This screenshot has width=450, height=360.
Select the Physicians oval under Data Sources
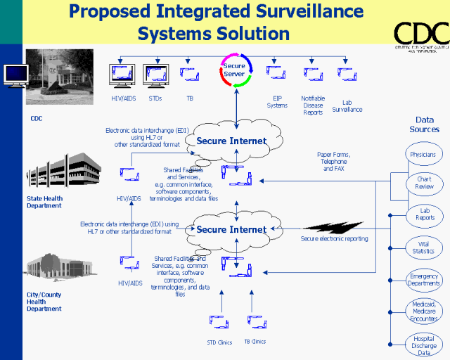coord(423,154)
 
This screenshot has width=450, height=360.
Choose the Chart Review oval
coord(424,184)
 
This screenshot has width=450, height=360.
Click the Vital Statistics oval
coord(423,247)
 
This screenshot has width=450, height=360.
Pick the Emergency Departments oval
coord(424,280)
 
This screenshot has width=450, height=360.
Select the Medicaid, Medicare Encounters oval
coord(424,311)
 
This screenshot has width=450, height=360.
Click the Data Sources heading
coord(424,124)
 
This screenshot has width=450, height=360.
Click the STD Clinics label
coord(219,342)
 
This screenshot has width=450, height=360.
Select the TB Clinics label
coord(255,342)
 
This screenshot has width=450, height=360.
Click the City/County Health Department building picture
coord(59,269)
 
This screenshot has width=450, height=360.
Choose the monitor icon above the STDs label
coord(155,74)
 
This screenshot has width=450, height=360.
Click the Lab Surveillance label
coord(347,105)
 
